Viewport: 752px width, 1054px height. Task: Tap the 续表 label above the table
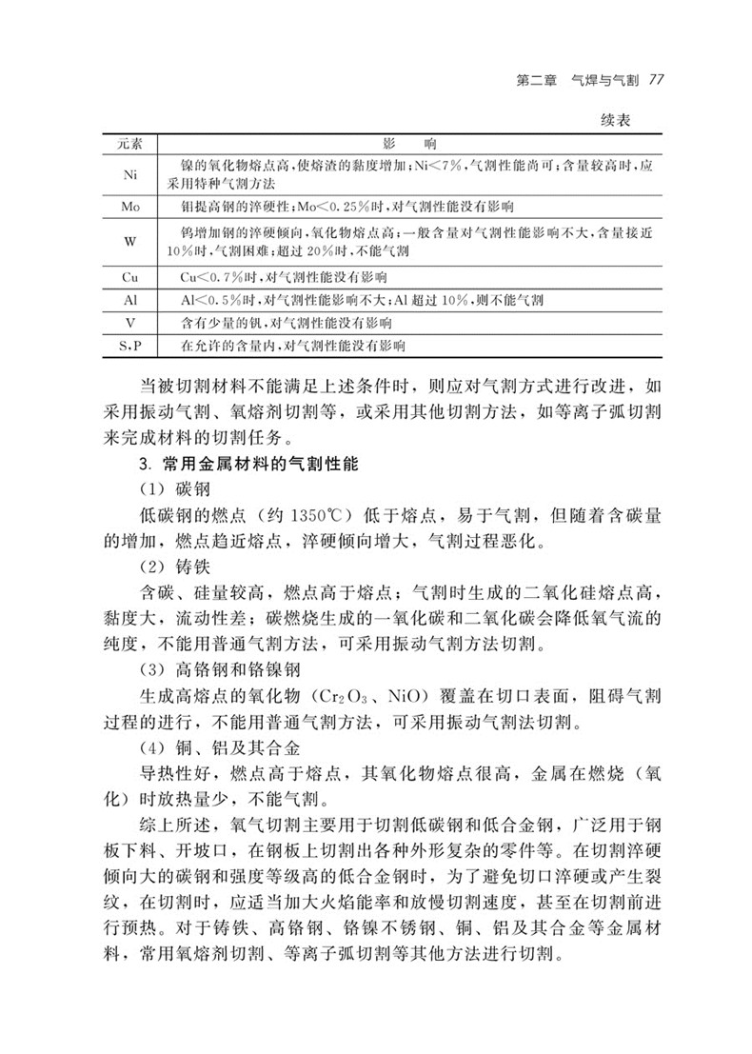pos(620,122)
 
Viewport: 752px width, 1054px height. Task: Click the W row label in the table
pos(130,242)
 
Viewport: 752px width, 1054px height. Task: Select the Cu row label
pos(130,278)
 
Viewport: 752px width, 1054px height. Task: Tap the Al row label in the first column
pos(130,300)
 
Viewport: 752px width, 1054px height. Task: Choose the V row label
pos(130,323)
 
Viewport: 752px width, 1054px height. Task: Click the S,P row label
pos(130,345)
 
